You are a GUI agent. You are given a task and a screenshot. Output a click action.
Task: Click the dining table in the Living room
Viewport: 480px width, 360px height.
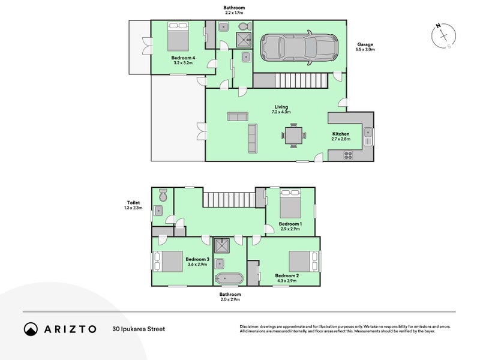coord(294,135)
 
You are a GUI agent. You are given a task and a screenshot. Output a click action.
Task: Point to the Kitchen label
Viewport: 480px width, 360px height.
coord(341,134)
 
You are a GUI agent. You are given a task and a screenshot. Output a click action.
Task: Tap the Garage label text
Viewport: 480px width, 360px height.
coord(365,44)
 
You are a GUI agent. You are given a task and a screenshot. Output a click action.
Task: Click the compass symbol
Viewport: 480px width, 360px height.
coord(443,35)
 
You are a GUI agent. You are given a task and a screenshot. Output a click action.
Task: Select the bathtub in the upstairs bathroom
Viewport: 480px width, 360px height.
coord(229,278)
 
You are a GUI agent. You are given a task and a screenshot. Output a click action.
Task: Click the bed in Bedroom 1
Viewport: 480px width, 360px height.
coord(291,205)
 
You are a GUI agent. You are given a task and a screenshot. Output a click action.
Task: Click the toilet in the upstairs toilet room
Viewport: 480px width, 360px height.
coord(162,195)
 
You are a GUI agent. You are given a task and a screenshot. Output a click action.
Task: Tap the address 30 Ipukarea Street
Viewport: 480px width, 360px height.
coord(138,329)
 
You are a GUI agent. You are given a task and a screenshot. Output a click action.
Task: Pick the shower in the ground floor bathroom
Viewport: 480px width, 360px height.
coord(243,40)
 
